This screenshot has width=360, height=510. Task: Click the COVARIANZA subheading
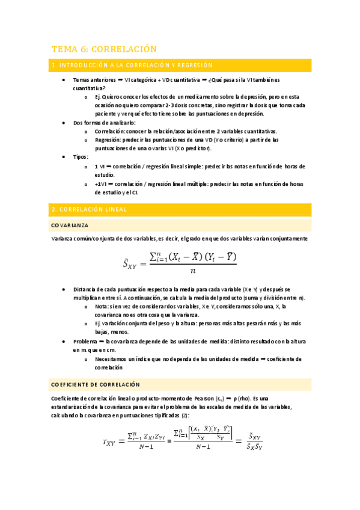point(70,225)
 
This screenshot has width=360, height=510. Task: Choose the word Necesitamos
point(112,358)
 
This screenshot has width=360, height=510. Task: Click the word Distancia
point(87,289)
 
